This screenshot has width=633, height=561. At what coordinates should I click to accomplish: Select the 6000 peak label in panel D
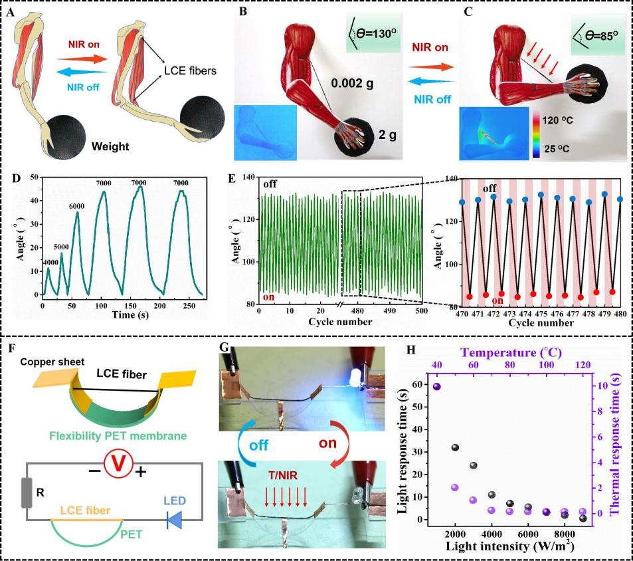(78, 206)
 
